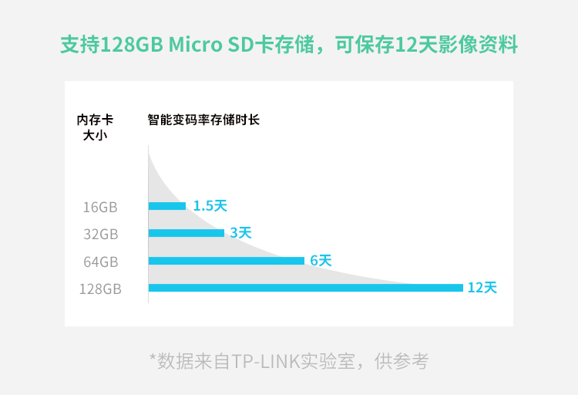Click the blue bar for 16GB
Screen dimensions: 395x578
[x=167, y=206]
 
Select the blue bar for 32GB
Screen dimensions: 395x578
[x=187, y=233]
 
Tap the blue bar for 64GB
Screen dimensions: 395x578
[x=227, y=261]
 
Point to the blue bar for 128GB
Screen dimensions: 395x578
[x=305, y=288]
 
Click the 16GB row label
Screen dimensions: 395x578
[x=100, y=207]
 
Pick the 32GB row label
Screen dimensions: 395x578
[x=100, y=234]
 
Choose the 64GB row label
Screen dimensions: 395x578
[x=100, y=262]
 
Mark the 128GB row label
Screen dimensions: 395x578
[x=100, y=289]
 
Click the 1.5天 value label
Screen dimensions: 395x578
[x=210, y=206]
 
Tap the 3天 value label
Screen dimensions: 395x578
[x=240, y=232]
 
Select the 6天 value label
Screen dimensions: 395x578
[x=321, y=261]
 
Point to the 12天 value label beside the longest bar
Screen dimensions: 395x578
[x=482, y=288]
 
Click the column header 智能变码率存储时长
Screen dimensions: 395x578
[x=203, y=120]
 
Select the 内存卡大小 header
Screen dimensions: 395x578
[x=95, y=127]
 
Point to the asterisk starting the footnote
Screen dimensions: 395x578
[x=153, y=360]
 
